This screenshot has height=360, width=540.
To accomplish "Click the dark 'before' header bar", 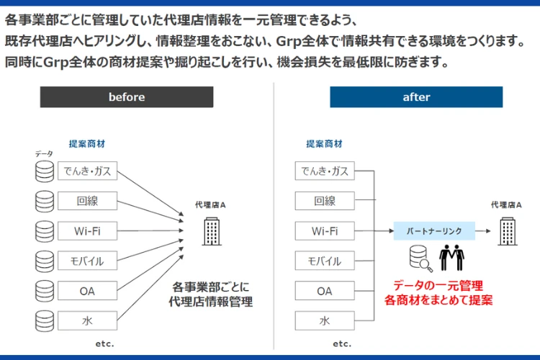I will point(127,97).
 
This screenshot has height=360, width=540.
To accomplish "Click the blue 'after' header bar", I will point(416,97).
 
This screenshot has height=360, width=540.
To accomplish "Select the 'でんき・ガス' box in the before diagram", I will point(87,171).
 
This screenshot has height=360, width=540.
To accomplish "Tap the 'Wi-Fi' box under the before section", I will point(87,231).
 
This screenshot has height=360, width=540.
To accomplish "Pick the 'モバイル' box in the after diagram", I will point(325,261).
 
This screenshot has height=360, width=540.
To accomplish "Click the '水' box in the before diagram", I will point(87,320).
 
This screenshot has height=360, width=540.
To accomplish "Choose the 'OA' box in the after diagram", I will point(325,291).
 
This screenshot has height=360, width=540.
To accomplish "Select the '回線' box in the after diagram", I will point(325,201).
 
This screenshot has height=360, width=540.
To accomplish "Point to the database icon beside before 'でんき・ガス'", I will point(45,171).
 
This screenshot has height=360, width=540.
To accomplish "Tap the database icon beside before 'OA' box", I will point(45,291).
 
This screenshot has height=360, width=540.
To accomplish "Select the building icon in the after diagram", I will point(508,231).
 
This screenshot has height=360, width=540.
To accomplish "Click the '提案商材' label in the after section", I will point(325,143).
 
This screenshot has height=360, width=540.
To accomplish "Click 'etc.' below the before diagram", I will point(104,343).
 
